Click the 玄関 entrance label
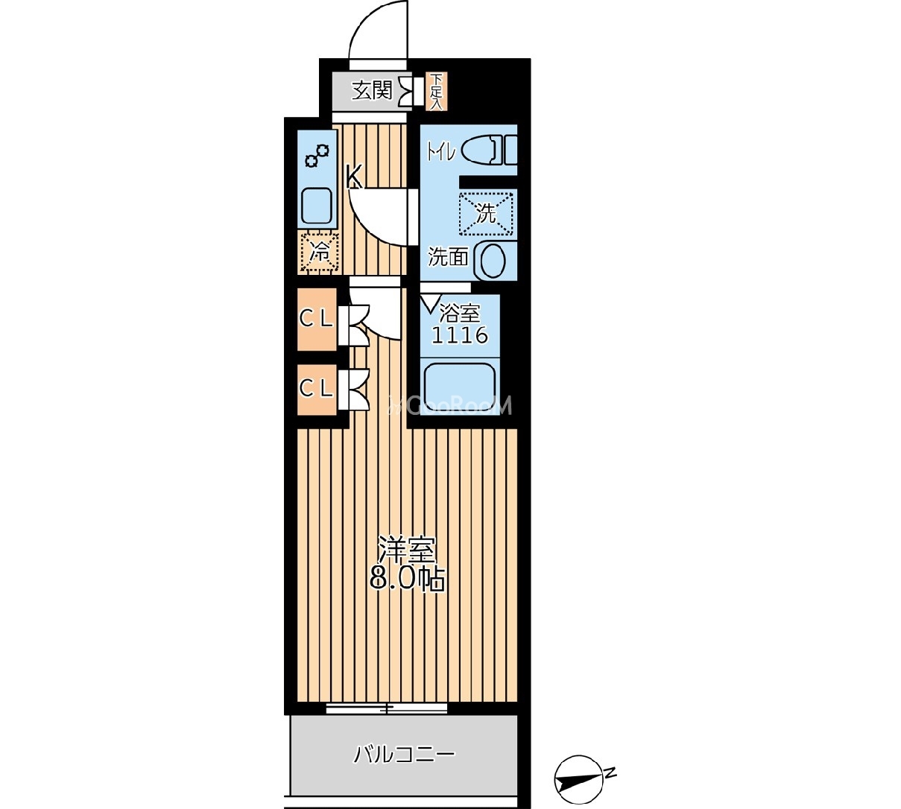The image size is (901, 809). [372, 91]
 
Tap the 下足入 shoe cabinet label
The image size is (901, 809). [436, 92]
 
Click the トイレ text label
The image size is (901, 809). [441, 153]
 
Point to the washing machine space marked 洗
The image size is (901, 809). [486, 214]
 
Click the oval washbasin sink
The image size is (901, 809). [491, 260]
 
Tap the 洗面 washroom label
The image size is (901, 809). [448, 257]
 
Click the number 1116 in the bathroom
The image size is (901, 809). [460, 335]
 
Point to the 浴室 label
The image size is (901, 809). [460, 313]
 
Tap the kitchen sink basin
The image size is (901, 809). [317, 206]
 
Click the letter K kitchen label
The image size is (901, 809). [354, 177]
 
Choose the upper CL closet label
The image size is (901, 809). [316, 319]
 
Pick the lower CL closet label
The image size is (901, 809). [316, 389]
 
